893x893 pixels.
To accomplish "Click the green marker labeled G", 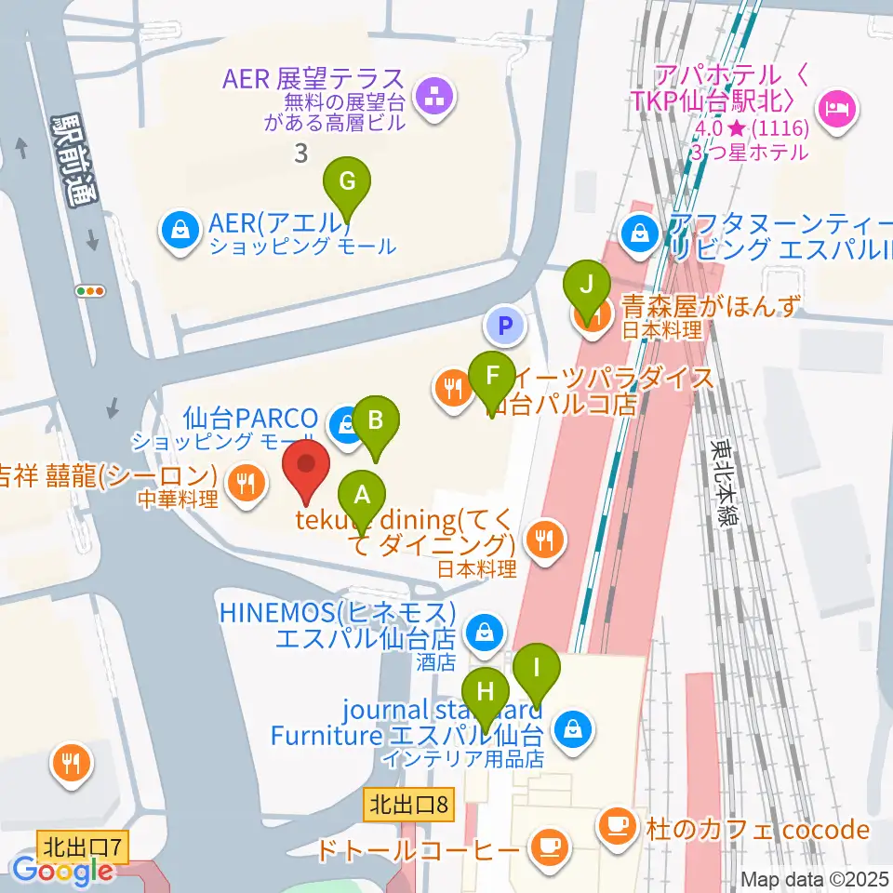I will click(x=346, y=181).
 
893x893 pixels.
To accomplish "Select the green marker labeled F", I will click(x=493, y=377).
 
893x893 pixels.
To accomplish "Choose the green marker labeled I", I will click(x=537, y=669).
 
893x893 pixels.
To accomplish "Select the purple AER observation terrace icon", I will click(x=433, y=94).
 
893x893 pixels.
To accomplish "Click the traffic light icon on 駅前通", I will click(x=91, y=291).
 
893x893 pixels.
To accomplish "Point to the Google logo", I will click(x=63, y=872).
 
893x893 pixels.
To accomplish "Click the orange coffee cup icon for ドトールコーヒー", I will click(x=546, y=846).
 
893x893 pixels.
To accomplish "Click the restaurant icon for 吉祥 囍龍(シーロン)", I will click(x=247, y=484).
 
